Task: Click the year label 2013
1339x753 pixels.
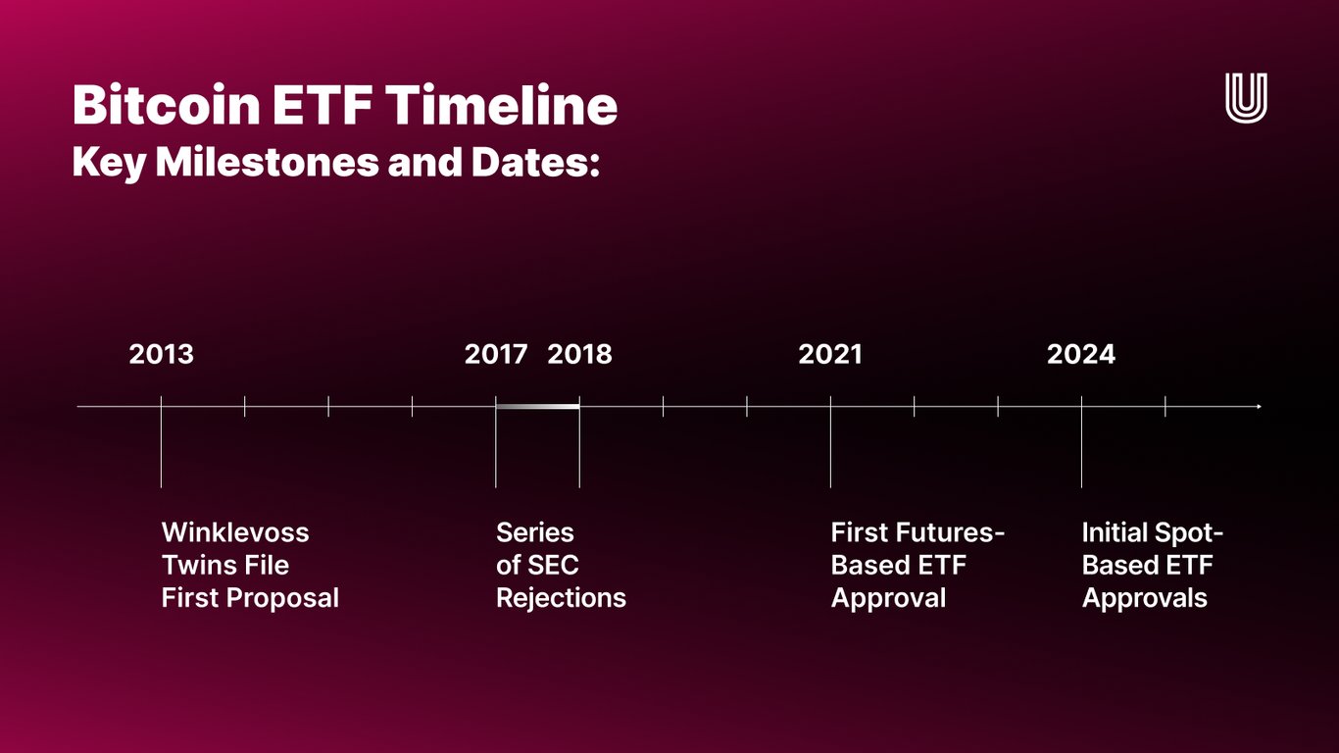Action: tap(161, 354)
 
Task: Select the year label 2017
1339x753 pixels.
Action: tap(496, 354)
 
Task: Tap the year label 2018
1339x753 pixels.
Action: tap(579, 354)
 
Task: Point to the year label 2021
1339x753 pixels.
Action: tap(830, 354)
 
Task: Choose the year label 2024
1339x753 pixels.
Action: tap(1081, 354)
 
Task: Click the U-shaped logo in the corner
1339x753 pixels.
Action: tap(1246, 98)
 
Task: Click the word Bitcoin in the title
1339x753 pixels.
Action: tap(164, 105)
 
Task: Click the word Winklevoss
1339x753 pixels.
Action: tap(235, 532)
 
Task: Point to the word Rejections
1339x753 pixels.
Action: tap(561, 597)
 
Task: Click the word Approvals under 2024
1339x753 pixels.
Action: tap(1145, 597)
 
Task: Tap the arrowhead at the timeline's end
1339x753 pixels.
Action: tap(1259, 406)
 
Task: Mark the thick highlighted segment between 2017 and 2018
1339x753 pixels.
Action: tap(537, 406)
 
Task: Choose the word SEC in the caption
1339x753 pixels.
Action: tap(553, 565)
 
